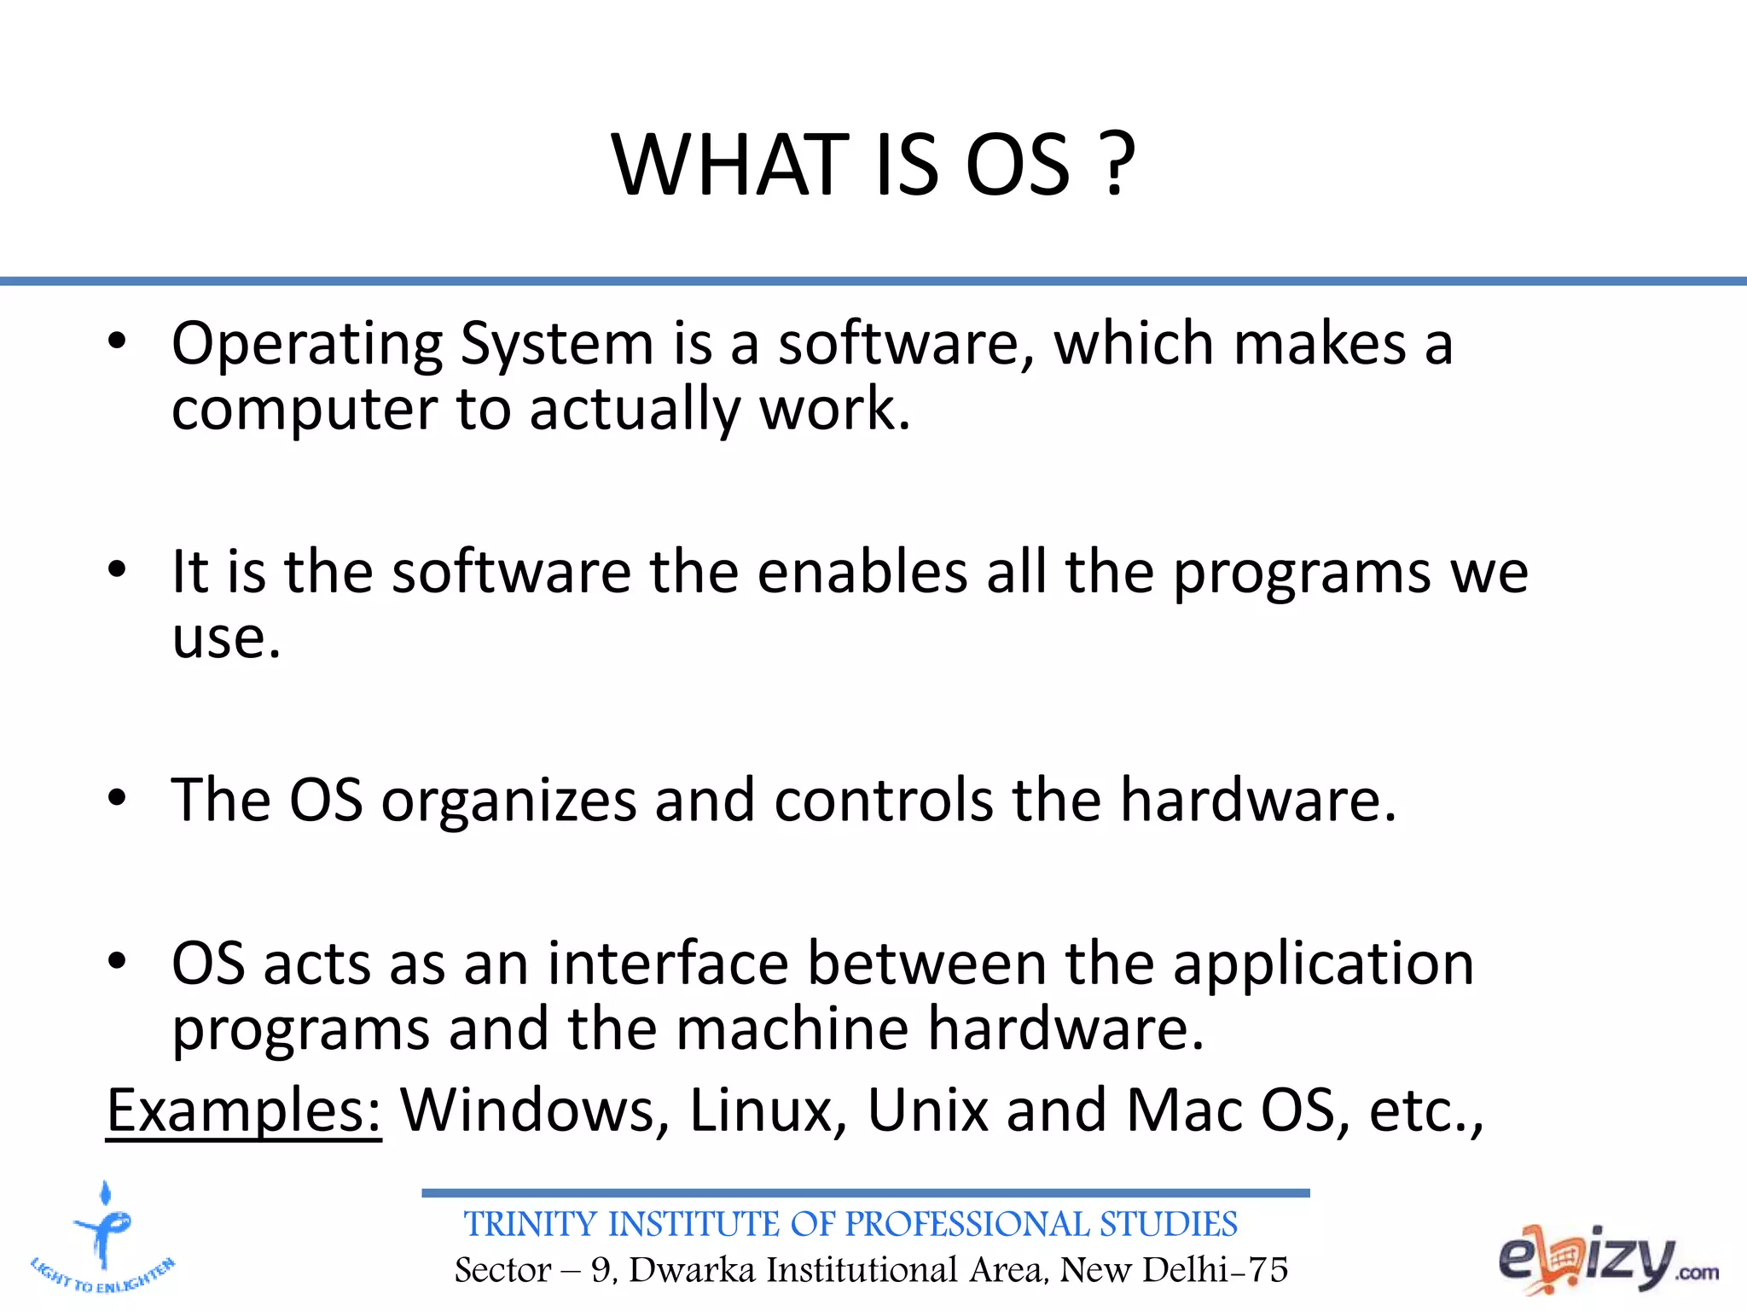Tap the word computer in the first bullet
pos(304,411)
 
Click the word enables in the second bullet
pos(862,571)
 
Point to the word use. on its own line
pos(226,638)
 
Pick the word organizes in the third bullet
pos(508,801)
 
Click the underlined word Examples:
pos(244,1110)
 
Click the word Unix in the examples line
pos(927,1110)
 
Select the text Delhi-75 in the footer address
pos(1215,1270)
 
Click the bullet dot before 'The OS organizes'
pos(117,797)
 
